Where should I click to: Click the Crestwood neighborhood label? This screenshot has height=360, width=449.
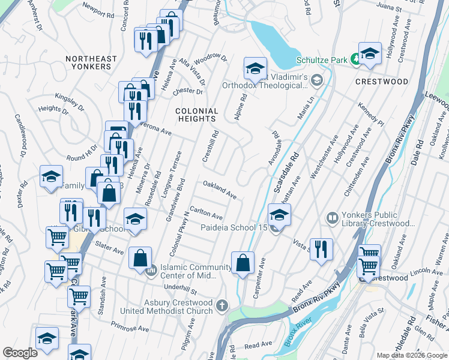tap(382, 81)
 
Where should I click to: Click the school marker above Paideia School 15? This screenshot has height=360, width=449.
tap(279, 214)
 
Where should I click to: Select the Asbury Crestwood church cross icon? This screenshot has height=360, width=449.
tap(223, 306)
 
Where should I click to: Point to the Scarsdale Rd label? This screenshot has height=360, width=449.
tap(286, 173)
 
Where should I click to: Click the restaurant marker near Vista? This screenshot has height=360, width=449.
tap(321, 248)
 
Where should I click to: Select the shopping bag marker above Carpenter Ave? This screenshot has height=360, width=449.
tap(242, 263)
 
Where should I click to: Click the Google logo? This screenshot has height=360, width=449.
tap(20, 353)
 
